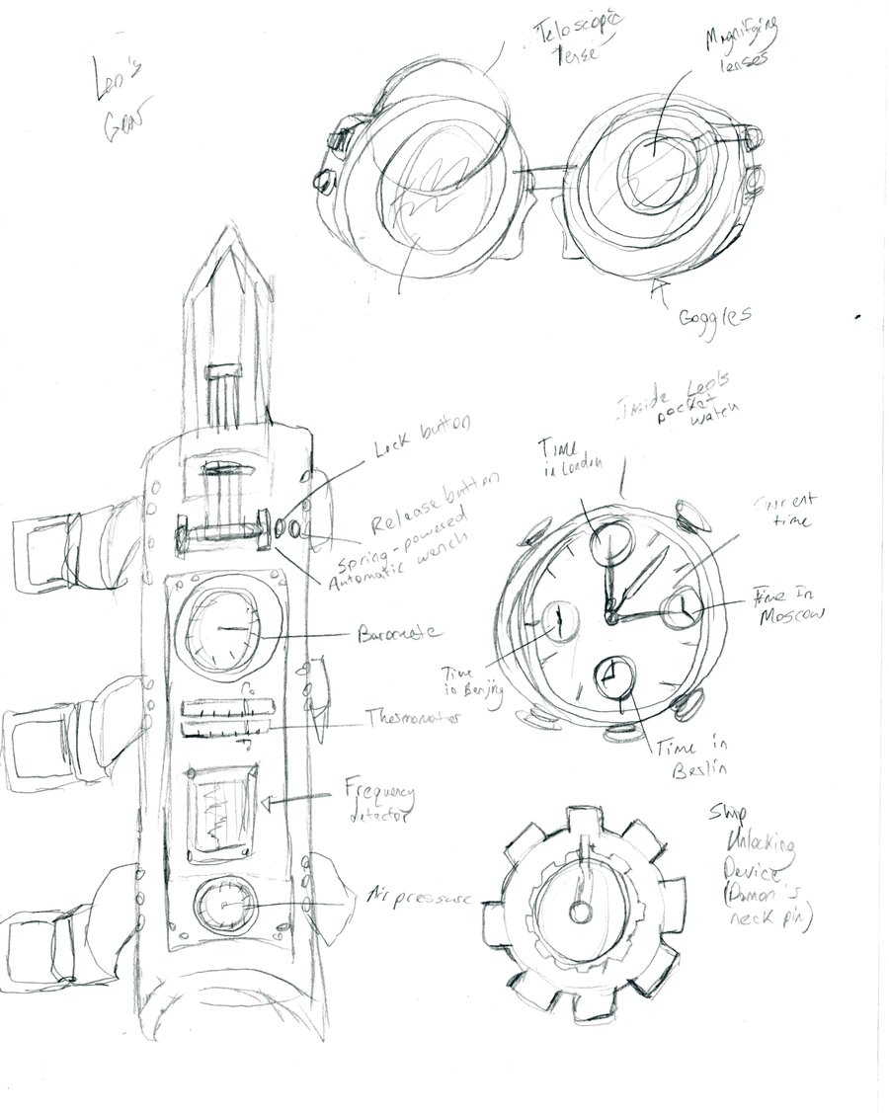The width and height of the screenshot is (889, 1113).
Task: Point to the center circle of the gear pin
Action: click(x=584, y=910)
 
